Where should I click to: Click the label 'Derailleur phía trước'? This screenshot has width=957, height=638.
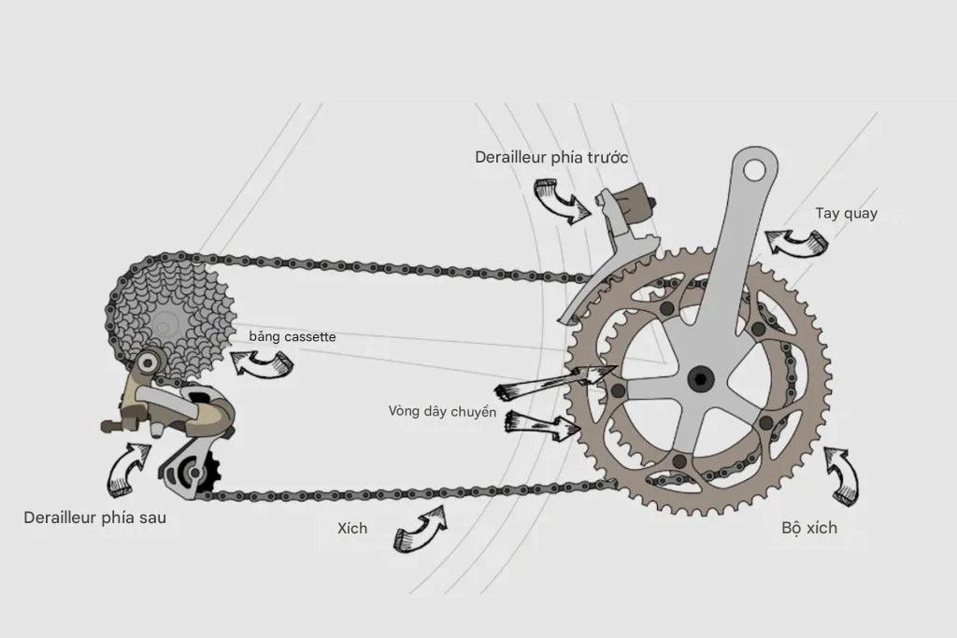coord(551,157)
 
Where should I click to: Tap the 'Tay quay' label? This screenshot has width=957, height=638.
coord(846,214)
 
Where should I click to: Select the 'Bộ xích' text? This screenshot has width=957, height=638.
coord(809,528)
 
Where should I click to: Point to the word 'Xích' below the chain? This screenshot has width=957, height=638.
coord(352,528)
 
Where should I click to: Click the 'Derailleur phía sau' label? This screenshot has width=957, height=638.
coord(94,517)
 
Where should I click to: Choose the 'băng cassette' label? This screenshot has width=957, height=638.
coord(293,336)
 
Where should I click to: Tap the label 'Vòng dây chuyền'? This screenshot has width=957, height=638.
coord(442,412)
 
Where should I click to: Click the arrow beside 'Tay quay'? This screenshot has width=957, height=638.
coord(796,242)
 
